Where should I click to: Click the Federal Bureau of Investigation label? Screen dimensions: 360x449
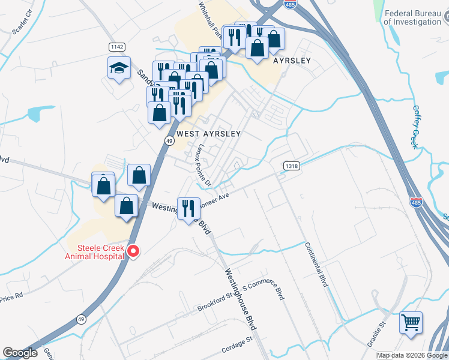[412, 18]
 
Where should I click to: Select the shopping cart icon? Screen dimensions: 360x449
[411, 323]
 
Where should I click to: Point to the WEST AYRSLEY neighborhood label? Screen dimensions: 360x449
[208, 134]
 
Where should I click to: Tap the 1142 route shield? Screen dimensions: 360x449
[116, 47]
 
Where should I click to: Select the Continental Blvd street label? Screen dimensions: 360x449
[316, 264]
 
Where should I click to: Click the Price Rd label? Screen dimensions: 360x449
[11, 295]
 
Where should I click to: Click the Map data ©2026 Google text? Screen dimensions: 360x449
[412, 355]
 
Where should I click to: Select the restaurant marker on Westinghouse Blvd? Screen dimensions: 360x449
[188, 209]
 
